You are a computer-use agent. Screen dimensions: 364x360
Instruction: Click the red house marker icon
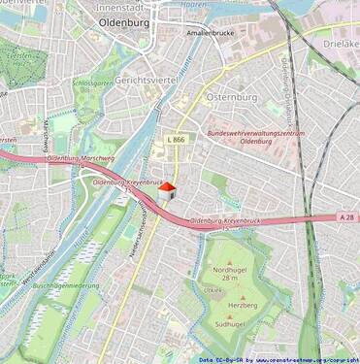(x=166, y=190)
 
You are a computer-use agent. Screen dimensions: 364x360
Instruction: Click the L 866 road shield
(x=176, y=140)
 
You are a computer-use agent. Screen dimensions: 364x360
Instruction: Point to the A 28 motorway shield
(x=347, y=217)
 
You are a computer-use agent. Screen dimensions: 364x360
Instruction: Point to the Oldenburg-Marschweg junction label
(x=81, y=158)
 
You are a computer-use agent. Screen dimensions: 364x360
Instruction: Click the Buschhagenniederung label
(x=65, y=285)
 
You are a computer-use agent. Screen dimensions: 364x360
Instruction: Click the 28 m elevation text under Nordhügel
(x=229, y=279)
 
